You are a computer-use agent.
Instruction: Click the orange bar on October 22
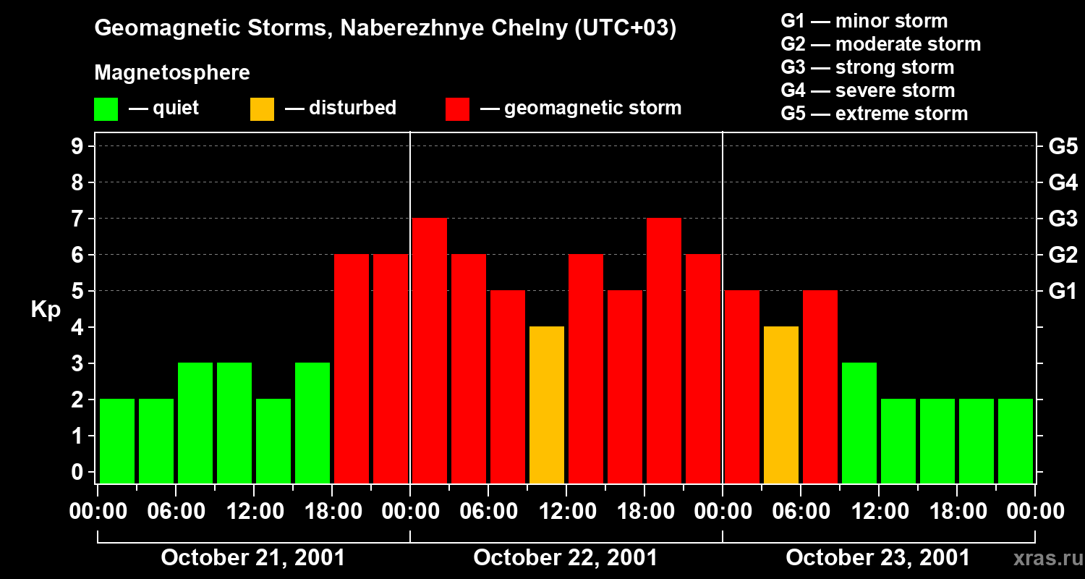547,405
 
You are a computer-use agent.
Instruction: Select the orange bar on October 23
781,405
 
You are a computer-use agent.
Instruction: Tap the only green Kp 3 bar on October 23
859,423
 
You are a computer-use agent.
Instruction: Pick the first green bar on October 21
117,441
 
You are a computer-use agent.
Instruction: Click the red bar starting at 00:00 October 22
430,350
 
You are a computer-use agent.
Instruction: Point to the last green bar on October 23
1016,441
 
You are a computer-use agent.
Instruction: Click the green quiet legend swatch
106,109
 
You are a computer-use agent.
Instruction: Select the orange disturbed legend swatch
262,109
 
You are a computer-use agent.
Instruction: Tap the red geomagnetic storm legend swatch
457,109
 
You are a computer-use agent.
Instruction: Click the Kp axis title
46,310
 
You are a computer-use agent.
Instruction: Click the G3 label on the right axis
1063,219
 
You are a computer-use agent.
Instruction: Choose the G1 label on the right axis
1063,292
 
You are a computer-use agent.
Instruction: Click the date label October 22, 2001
566,558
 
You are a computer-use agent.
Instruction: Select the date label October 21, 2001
253,558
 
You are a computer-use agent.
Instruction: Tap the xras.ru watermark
1042,558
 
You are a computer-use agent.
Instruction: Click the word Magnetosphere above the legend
172,73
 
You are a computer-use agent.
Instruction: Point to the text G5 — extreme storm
875,114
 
